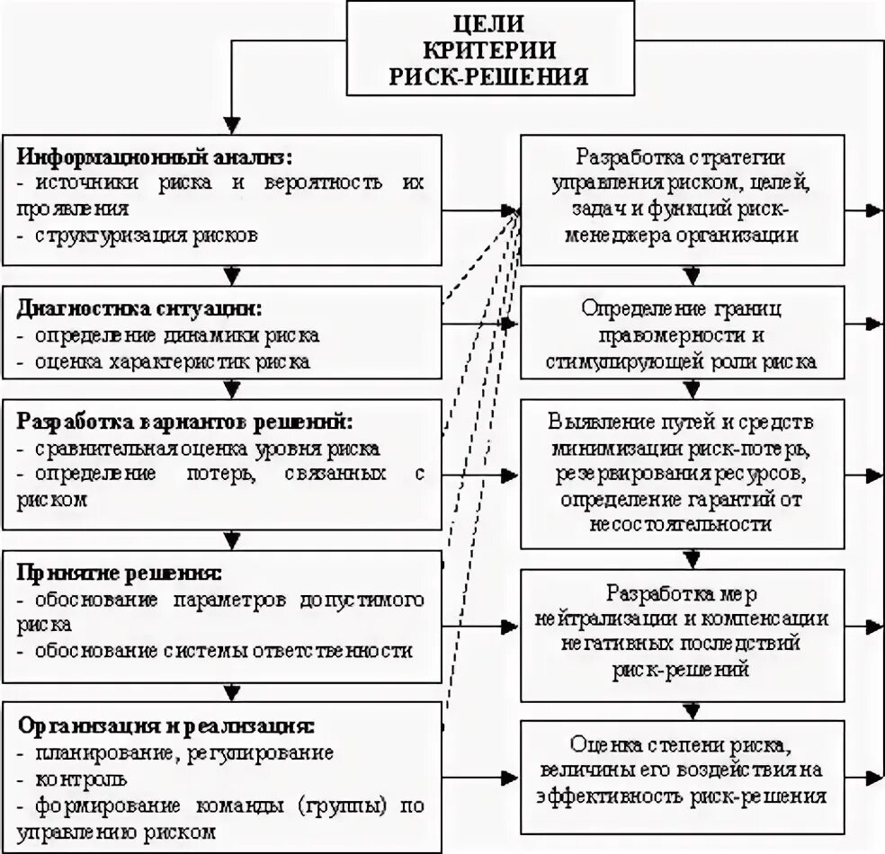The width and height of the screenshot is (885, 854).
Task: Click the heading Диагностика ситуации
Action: pyautogui.click(x=139, y=308)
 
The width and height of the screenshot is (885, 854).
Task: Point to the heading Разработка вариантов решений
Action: pyautogui.click(x=185, y=421)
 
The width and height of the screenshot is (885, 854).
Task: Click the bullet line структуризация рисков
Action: pyautogui.click(x=147, y=236)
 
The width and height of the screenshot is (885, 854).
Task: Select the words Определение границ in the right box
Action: pyautogui.click(x=683, y=309)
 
